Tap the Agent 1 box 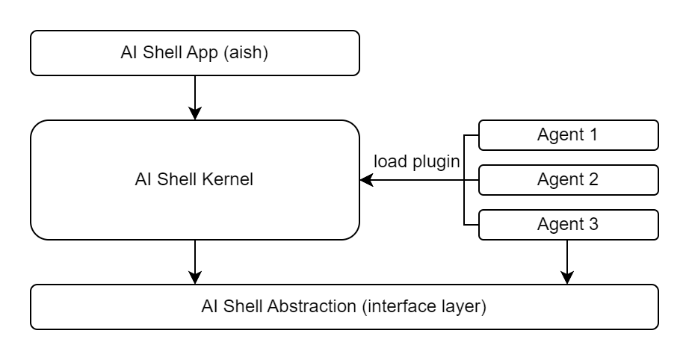click(568, 135)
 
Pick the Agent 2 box click(568, 179)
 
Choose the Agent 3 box click(568, 223)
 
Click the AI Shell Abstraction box click(344, 306)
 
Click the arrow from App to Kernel click(194, 97)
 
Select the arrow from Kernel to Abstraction click(194, 261)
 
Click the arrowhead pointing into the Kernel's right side click(366, 180)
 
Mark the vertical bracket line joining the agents click(464, 179)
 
